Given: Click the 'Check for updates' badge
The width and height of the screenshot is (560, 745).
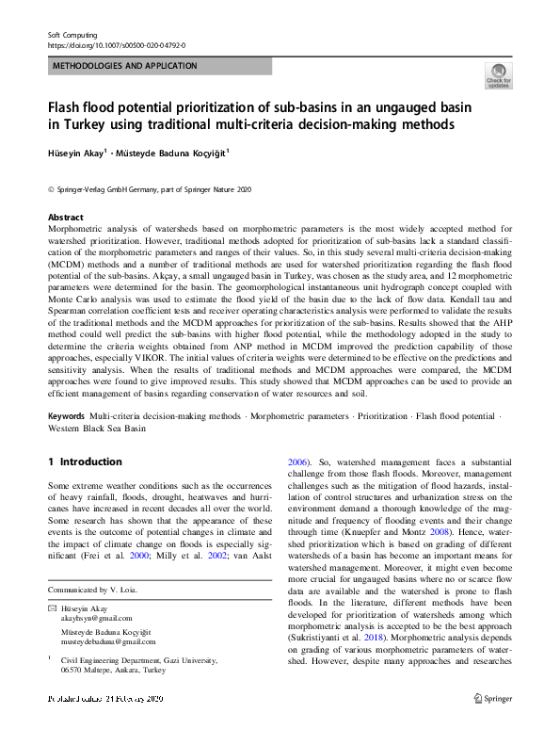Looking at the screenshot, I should [498, 76].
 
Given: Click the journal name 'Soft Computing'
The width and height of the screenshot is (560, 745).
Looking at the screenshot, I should [73, 34].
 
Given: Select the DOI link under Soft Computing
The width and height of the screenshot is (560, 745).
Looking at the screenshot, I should [116, 44].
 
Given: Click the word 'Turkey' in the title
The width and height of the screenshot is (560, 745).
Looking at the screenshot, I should [79, 124].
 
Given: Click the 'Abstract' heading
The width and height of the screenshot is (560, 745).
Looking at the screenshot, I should [65, 218].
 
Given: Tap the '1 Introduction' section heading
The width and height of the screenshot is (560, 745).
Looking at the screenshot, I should [85, 462].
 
